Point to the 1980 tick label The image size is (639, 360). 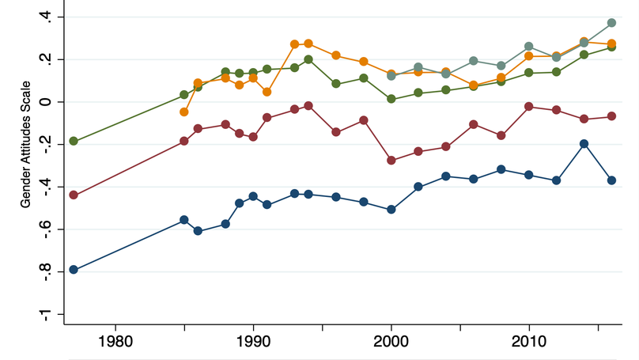(x=115, y=345)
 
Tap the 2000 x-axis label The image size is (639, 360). (x=391, y=345)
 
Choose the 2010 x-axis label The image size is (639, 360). (x=528, y=345)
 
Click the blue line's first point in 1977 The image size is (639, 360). (x=74, y=270)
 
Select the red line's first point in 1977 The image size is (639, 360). (x=74, y=195)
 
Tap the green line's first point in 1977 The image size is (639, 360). (x=74, y=141)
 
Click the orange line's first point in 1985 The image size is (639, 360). (x=184, y=112)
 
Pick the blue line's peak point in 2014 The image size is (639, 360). (x=584, y=143)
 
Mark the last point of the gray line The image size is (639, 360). (x=611, y=23)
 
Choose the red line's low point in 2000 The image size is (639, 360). (x=391, y=160)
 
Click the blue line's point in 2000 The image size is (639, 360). (x=391, y=210)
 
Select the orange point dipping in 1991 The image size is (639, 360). (x=267, y=92)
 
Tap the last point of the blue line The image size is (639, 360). (x=611, y=180)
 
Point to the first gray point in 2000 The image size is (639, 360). (x=391, y=76)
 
